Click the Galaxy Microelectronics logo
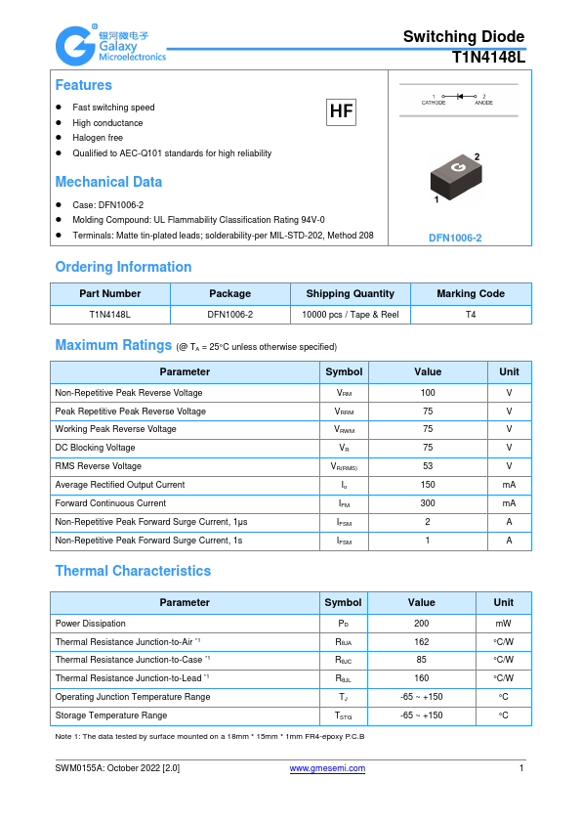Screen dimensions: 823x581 click(109, 44)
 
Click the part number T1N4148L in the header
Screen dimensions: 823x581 click(488, 58)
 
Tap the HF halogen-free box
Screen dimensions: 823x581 click(341, 112)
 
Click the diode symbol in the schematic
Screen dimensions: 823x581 click(459, 97)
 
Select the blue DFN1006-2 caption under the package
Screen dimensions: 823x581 click(455, 238)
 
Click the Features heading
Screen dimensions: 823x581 click(83, 85)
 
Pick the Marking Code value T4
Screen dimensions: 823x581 click(471, 315)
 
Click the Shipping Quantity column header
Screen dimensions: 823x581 click(350, 293)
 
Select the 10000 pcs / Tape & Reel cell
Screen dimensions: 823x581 click(350, 315)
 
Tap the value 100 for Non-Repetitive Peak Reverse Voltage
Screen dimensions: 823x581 click(428, 392)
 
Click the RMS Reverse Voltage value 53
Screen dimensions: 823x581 click(428, 466)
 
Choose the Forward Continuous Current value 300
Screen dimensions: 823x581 click(428, 503)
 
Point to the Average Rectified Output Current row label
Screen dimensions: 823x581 click(120, 485)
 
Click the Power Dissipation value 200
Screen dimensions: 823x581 click(421, 623)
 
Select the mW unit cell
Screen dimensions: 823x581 click(503, 623)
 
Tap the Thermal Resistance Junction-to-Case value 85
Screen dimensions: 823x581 click(421, 660)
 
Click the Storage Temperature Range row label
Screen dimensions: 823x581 click(110, 715)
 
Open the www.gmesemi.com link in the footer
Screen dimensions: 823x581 click(328, 768)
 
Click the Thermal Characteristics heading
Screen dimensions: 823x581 click(133, 571)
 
